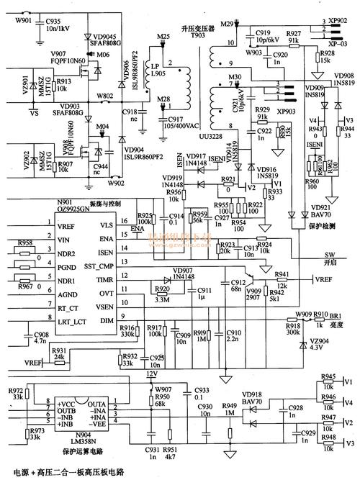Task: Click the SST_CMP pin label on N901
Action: pyautogui.click(x=104, y=266)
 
